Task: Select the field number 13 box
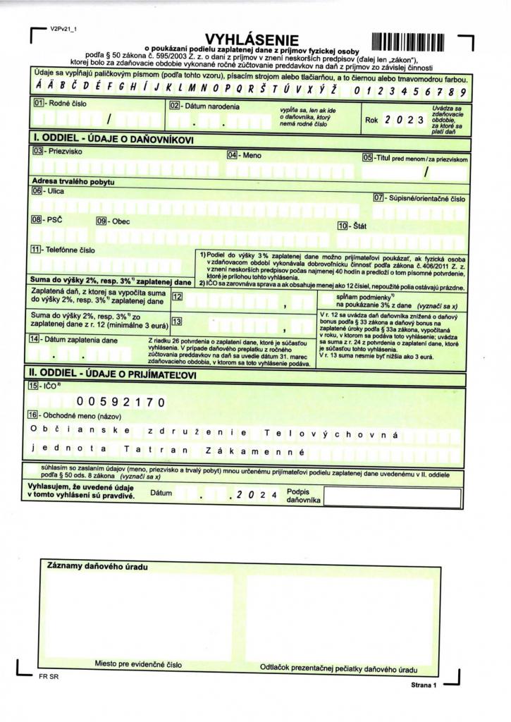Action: [178, 322]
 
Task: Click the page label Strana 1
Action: [424, 684]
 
